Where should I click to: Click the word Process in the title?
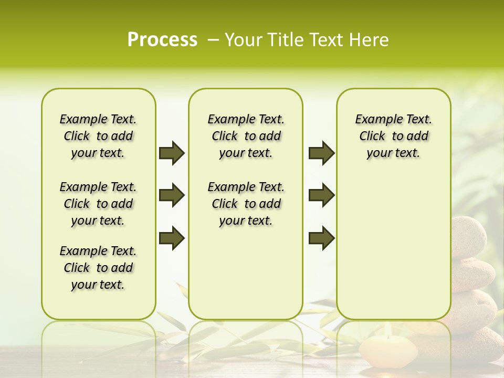click(x=162, y=40)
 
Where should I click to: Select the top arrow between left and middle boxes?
click(x=172, y=153)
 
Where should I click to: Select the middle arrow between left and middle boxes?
click(x=172, y=195)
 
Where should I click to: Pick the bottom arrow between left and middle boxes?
click(x=172, y=238)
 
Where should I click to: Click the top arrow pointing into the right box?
click(x=321, y=153)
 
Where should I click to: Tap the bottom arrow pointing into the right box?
click(x=321, y=238)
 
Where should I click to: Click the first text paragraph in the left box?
click(x=98, y=136)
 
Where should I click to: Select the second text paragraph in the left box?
click(x=98, y=204)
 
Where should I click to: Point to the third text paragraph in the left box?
click(x=98, y=268)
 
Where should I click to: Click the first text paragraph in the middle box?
click(x=246, y=136)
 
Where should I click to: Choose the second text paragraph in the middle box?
click(x=246, y=204)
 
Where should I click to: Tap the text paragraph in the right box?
click(x=393, y=136)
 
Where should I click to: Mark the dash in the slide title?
click(x=213, y=40)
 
